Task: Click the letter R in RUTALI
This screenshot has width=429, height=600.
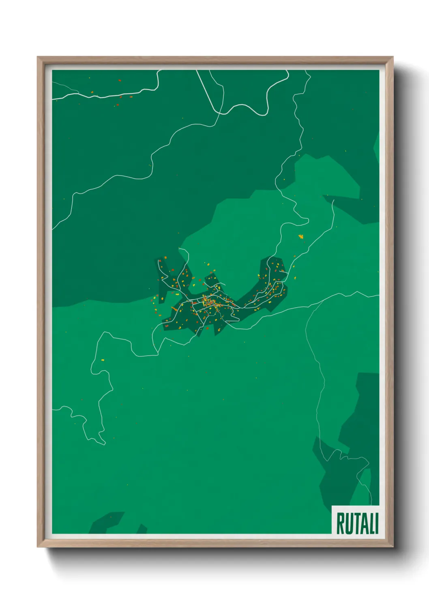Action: pyautogui.click(x=340, y=523)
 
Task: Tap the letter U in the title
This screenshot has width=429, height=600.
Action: pyautogui.click(x=348, y=523)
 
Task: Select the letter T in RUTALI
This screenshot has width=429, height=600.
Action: pyautogui.click(x=356, y=523)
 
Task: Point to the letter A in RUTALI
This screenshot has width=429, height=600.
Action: pyautogui.click(x=363, y=523)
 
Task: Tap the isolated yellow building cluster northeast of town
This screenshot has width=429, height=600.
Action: pyautogui.click(x=301, y=236)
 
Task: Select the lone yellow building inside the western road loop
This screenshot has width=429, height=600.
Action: pyautogui.click(x=103, y=360)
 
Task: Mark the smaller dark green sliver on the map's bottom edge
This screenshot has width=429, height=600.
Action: pyautogui.click(x=142, y=529)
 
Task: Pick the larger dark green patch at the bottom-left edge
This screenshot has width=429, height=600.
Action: pyautogui.click(x=106, y=523)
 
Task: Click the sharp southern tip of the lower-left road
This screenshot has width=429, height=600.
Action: pyautogui.click(x=104, y=444)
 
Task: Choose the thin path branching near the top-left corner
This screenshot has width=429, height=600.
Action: pyautogui.click(x=65, y=87)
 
